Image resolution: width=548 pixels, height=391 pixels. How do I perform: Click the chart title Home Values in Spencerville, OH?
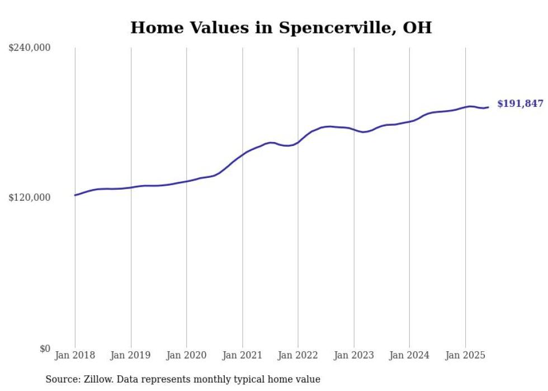[x=281, y=27]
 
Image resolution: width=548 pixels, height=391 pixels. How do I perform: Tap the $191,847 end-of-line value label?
[x=520, y=103]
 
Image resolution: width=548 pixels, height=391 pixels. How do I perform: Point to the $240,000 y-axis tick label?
[x=30, y=48]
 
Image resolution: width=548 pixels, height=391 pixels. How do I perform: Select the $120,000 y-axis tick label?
[x=30, y=197]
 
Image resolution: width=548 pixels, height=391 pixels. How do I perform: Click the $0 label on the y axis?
[x=45, y=348]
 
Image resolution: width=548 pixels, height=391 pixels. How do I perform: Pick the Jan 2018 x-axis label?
[x=75, y=355]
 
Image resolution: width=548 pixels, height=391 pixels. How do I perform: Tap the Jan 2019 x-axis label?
[x=131, y=355]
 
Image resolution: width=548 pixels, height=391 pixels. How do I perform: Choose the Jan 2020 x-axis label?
[x=187, y=355]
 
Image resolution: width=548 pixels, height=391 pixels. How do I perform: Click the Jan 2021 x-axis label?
[x=243, y=355]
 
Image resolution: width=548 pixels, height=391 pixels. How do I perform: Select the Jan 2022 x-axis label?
[x=298, y=355]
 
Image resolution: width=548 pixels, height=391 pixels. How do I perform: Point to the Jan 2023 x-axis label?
[x=354, y=355]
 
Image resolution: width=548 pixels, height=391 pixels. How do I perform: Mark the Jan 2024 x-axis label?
[x=409, y=355]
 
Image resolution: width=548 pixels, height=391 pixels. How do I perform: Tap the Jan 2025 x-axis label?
[x=465, y=355]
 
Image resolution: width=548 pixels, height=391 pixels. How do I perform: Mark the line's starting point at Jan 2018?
[x=75, y=195]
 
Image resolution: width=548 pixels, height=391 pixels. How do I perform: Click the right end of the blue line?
[x=489, y=107]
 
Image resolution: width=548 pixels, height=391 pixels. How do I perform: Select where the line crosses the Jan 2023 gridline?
[x=354, y=129]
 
